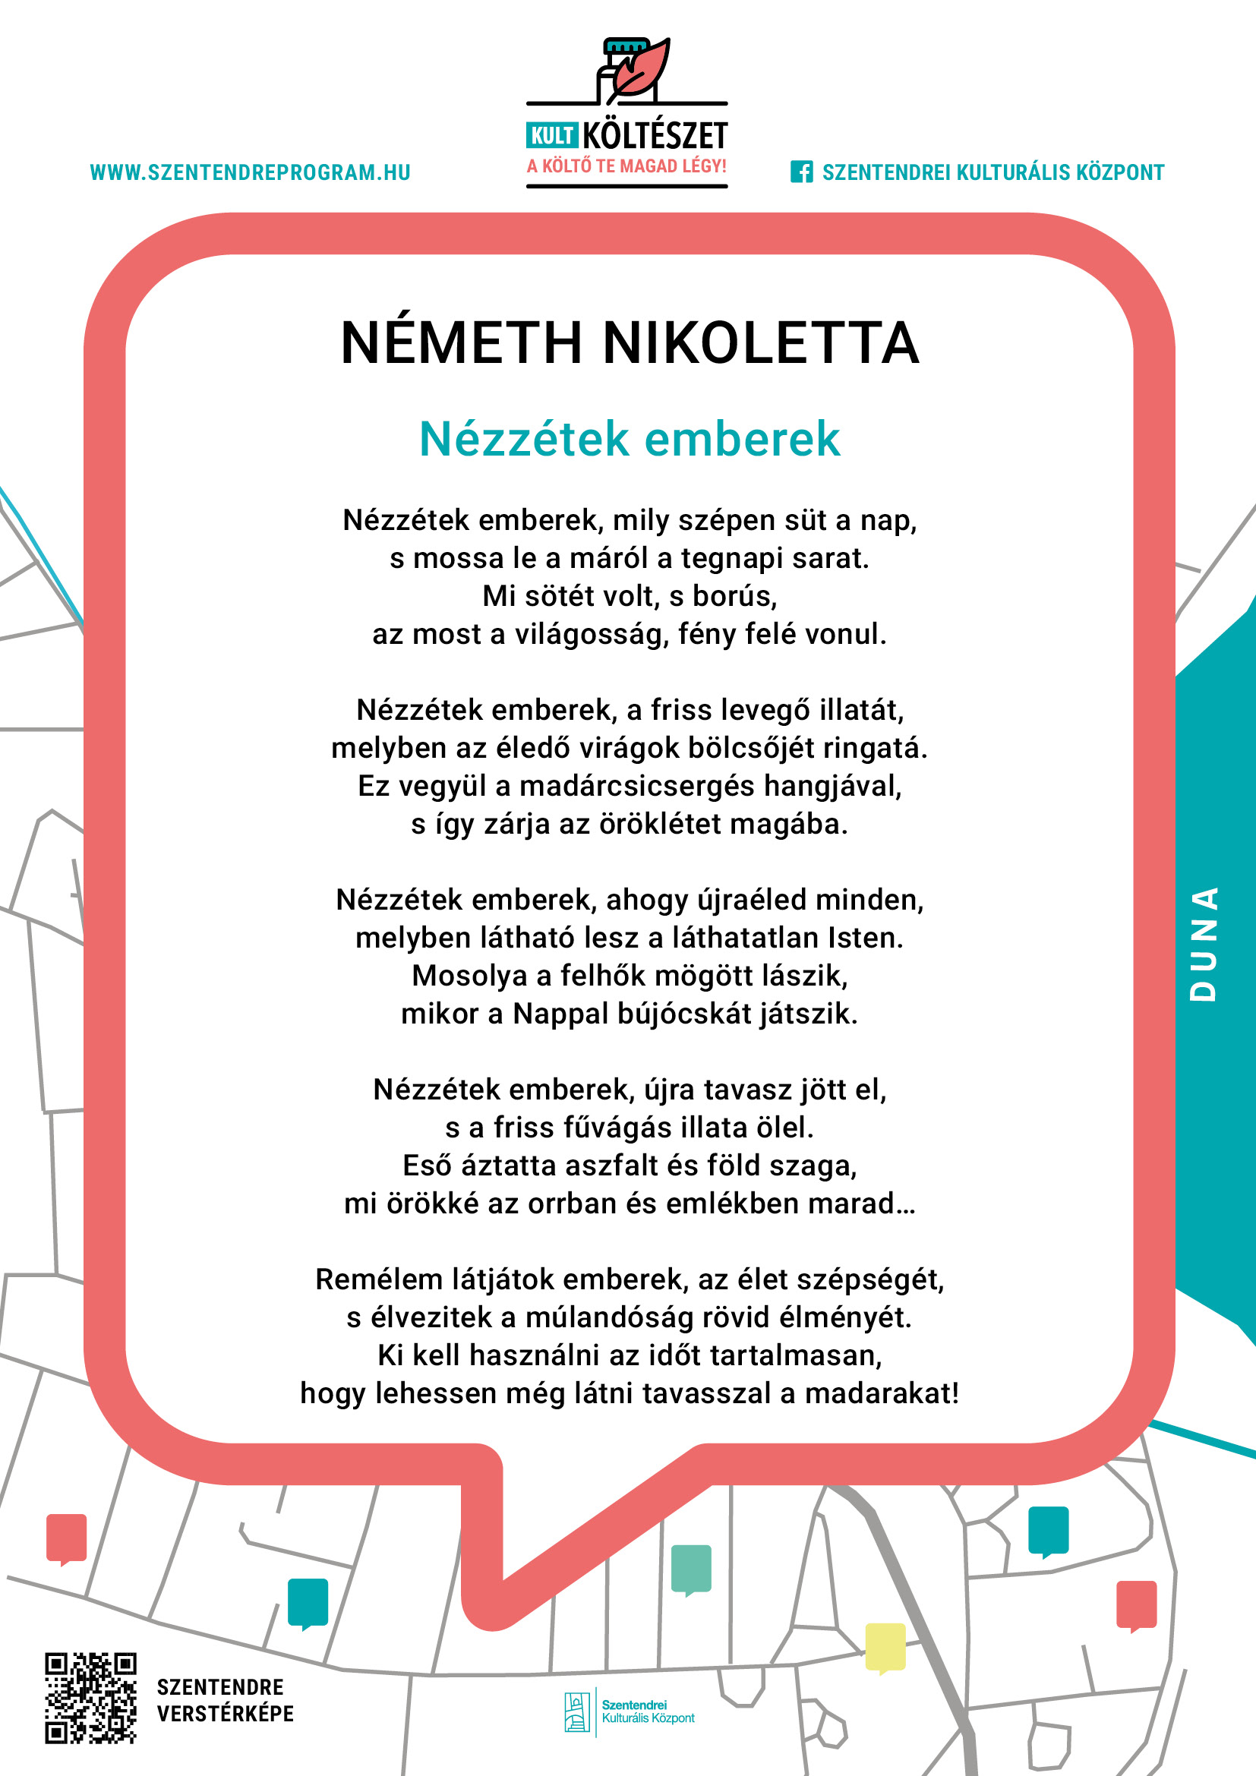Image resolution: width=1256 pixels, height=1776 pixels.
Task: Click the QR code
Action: [x=90, y=1698]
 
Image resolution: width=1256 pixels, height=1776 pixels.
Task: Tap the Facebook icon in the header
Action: [x=801, y=172]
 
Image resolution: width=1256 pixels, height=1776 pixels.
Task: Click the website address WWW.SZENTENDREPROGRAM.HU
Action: [x=250, y=172]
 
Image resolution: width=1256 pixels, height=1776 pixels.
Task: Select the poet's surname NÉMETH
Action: [x=461, y=342]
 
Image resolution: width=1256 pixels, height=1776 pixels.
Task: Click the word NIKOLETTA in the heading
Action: [x=761, y=342]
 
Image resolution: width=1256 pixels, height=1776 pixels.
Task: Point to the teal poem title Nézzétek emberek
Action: [x=629, y=440]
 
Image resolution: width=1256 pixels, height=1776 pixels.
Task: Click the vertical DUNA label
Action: [x=1204, y=945]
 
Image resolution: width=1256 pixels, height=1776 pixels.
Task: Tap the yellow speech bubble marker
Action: [x=885, y=1646]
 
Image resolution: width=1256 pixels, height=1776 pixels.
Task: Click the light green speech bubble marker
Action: [x=690, y=1569]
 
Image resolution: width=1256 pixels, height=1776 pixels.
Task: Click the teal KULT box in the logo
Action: [x=551, y=136]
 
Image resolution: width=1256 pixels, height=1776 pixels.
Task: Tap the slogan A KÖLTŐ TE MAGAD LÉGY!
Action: [x=626, y=166]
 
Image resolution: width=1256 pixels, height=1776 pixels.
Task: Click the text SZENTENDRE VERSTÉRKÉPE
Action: [x=225, y=1700]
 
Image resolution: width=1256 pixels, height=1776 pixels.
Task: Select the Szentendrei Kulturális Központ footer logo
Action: [x=629, y=1711]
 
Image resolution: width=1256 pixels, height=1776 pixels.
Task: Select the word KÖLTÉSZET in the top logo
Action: [x=655, y=136]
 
